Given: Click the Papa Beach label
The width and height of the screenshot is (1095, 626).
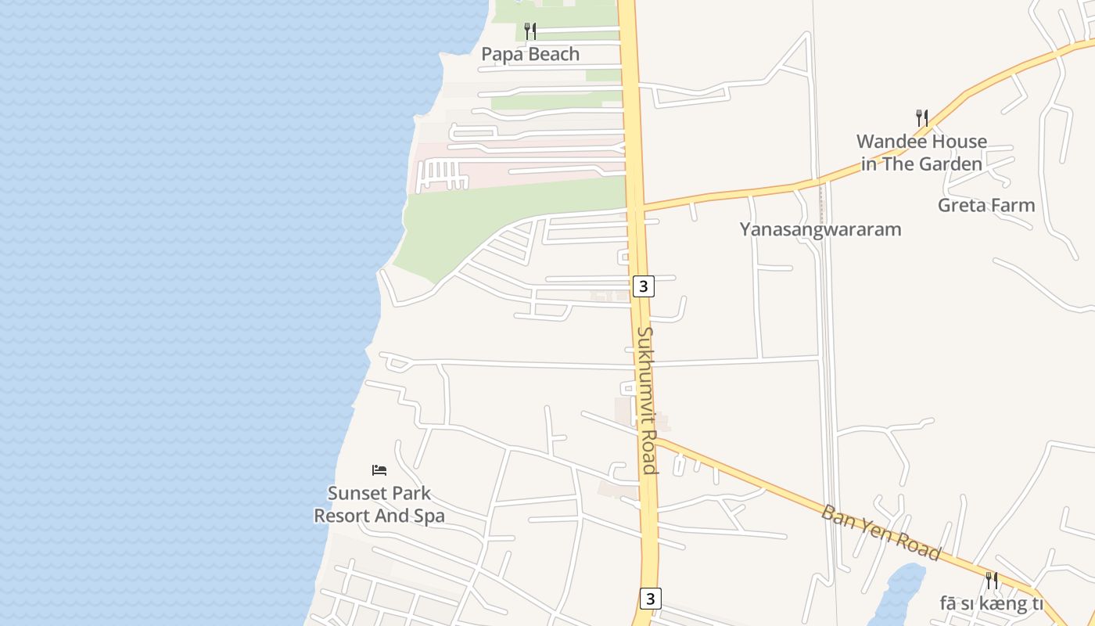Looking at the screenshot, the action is coord(530,54).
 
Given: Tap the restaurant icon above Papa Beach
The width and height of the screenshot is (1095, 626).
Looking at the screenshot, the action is coord(530,31).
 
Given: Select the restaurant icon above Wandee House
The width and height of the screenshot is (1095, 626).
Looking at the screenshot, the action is coord(922,118).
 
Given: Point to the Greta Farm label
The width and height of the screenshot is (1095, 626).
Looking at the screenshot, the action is coord(986,206).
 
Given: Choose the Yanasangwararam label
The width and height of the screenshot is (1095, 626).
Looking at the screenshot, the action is coord(820,229).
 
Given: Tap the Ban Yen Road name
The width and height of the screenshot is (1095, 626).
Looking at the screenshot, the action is coord(880,532).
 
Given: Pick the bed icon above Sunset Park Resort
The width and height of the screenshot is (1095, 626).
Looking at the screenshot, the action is coord(379,470).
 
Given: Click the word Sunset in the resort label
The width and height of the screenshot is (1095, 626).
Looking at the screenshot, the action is coord(357,494).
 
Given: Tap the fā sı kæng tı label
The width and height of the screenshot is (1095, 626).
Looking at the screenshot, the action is coord(992,603).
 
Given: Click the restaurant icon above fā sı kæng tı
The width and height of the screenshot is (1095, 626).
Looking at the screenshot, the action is coord(992,581).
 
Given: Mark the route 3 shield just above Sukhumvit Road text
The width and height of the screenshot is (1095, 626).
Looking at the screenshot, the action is coord(643,286).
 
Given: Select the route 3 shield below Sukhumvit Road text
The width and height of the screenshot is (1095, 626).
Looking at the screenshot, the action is coord(649,599).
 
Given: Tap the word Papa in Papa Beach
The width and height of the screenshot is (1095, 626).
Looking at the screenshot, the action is coord(501,54).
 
